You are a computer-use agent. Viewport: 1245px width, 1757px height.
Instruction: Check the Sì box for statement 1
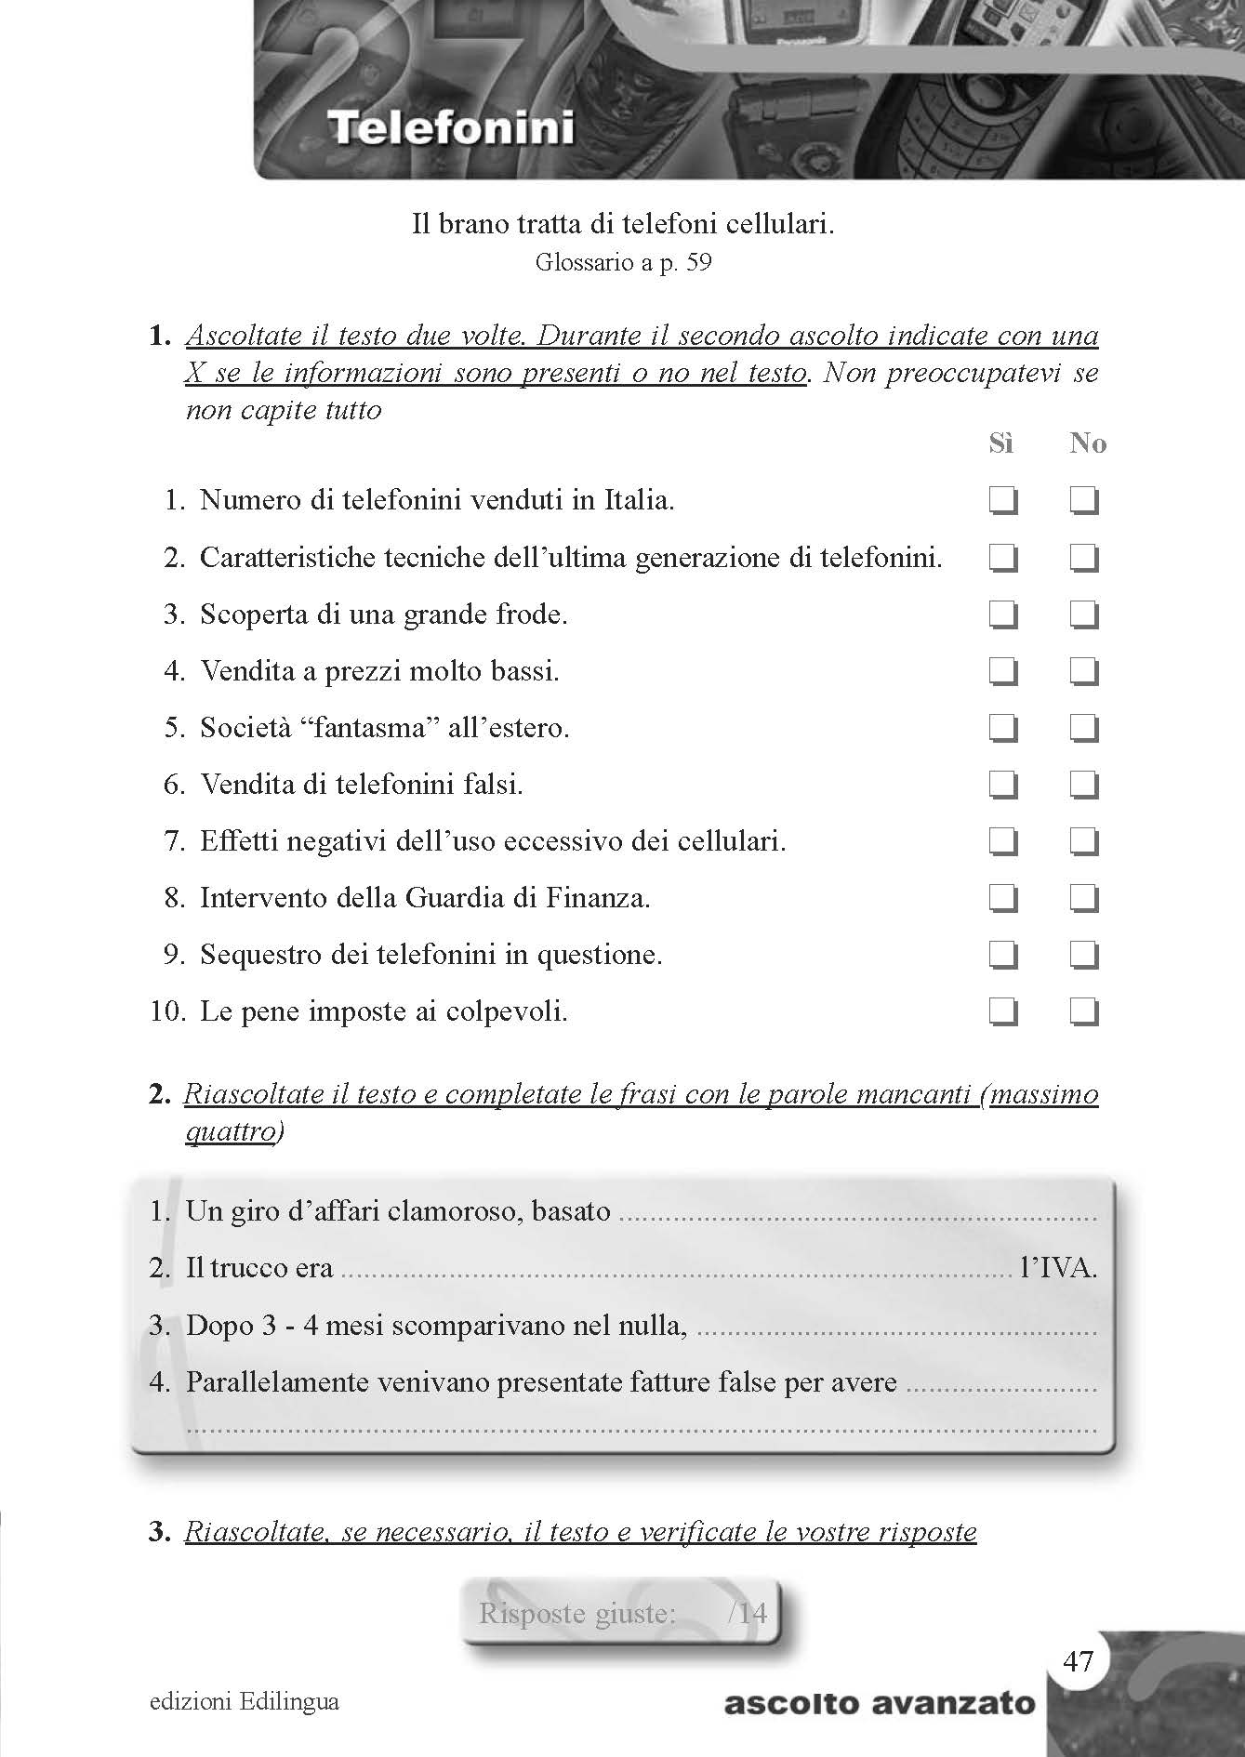pyautogui.click(x=1002, y=502)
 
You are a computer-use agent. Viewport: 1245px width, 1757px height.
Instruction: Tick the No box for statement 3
pyautogui.click(x=1083, y=615)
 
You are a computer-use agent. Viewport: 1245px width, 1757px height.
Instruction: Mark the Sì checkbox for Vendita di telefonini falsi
pyautogui.click(x=1002, y=786)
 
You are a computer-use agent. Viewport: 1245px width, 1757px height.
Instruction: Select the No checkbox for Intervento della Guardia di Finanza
pyautogui.click(x=1083, y=899)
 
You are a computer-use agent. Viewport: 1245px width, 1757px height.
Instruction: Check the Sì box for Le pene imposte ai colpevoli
pyautogui.click(x=1002, y=1011)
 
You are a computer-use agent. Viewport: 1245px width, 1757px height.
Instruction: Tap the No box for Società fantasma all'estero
pyautogui.click(x=1083, y=728)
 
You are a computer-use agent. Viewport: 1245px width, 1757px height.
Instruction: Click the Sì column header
pyautogui.click(x=1000, y=443)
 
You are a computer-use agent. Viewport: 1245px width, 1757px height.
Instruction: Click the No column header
pyautogui.click(x=1087, y=443)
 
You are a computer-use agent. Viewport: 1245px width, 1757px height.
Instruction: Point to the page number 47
pyautogui.click(x=1079, y=1660)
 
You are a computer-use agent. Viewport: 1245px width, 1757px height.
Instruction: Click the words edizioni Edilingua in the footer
pyautogui.click(x=244, y=1701)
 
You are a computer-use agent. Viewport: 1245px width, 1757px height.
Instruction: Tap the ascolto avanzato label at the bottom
pyautogui.click(x=879, y=1704)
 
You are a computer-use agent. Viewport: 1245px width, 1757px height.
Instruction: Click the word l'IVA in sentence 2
pyautogui.click(x=1058, y=1268)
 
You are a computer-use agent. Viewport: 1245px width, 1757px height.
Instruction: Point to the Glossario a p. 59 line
pyautogui.click(x=623, y=263)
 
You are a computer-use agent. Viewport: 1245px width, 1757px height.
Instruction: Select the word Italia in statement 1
pyautogui.click(x=637, y=501)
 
